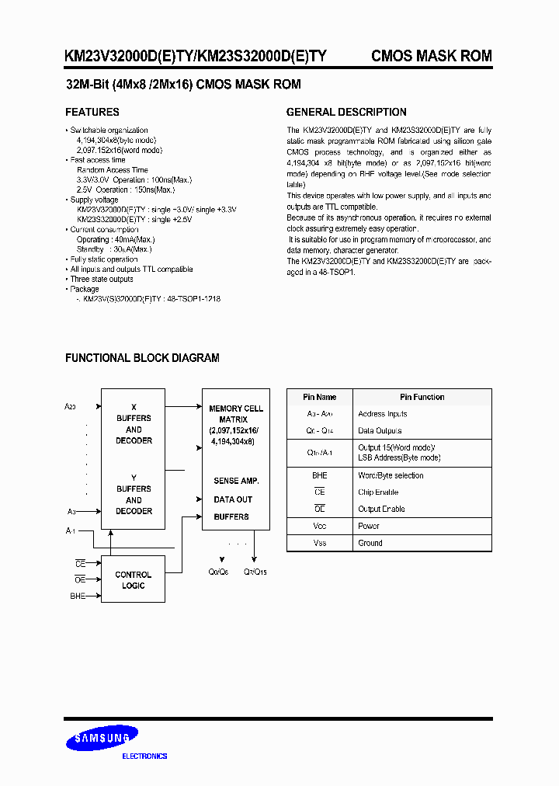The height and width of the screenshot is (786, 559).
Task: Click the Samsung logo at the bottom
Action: click(x=102, y=739)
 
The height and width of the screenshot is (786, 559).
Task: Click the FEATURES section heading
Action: click(x=92, y=112)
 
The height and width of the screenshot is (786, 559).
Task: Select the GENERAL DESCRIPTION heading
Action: click(x=346, y=112)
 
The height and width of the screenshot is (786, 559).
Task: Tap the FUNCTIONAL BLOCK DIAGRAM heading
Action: click(x=142, y=358)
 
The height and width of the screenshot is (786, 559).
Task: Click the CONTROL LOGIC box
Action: click(x=134, y=580)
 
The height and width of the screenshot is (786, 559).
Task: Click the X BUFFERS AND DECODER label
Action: click(x=134, y=423)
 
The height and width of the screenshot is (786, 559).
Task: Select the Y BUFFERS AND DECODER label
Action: click(x=134, y=494)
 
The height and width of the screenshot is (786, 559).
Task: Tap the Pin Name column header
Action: click(x=319, y=397)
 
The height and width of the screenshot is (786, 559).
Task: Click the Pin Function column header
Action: click(x=422, y=397)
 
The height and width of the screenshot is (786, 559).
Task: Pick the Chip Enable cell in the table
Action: click(x=378, y=492)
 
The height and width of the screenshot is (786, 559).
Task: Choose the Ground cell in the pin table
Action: click(x=370, y=543)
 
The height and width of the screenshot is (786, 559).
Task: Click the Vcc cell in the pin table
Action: click(x=319, y=526)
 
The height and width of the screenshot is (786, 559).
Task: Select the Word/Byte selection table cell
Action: click(x=391, y=475)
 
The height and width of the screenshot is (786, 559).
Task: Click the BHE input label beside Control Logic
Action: click(x=77, y=596)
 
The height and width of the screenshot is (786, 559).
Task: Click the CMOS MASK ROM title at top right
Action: click(x=431, y=56)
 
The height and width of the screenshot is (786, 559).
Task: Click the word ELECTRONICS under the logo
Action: click(x=145, y=756)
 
